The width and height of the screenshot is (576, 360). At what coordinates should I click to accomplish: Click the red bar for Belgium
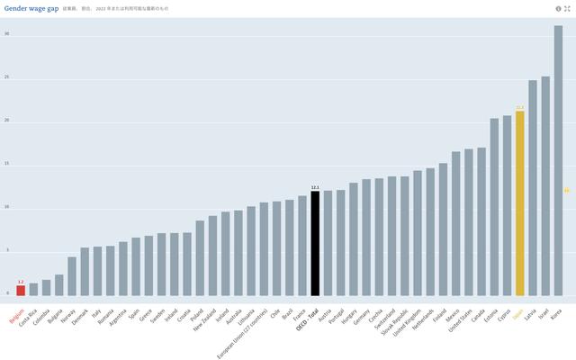pos(21,290)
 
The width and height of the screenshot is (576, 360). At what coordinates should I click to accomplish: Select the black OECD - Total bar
pos(315,243)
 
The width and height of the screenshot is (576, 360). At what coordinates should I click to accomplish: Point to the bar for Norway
pos(72,276)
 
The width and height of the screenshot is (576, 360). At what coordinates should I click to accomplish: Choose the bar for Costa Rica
pos(33,289)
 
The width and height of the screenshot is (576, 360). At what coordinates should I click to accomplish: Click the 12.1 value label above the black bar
pos(315,187)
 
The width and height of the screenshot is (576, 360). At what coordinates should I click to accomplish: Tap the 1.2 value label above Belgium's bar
pos(21,282)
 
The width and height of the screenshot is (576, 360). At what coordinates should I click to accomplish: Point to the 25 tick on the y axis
pos(6,77)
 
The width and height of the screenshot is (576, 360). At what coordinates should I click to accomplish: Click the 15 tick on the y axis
pos(6,164)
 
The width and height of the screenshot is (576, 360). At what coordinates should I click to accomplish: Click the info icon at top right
pos(558,8)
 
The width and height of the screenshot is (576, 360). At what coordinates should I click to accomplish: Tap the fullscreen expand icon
pos(567,8)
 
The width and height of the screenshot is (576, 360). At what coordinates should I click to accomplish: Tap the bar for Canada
pos(481,221)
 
